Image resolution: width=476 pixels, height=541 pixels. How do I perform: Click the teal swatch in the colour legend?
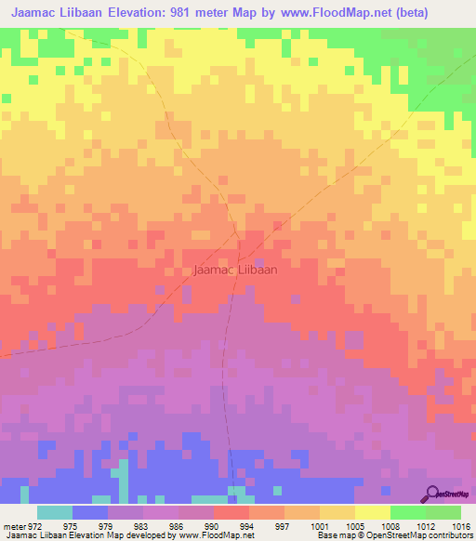click(54, 512)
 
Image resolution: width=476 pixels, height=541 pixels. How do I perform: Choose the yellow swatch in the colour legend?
click(372, 512)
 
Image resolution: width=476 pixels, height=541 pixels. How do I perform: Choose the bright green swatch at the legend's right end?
click(443, 512)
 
